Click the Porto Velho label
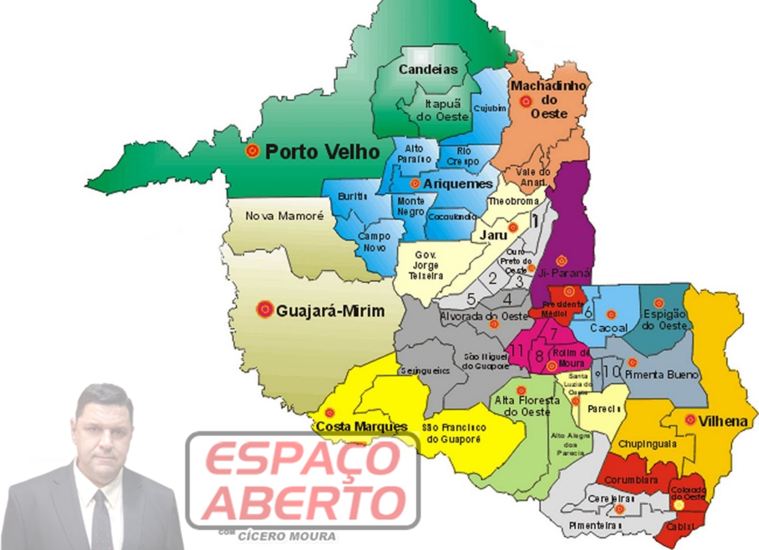tap(323, 152)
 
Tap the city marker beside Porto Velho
tap(253, 151)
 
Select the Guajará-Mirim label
tap(330, 311)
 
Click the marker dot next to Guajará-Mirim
tap(265, 310)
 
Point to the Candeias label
tap(428, 70)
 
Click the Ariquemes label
tap(458, 184)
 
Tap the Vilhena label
tap(722, 421)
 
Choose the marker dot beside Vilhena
tap(690, 420)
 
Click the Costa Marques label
tap(361, 427)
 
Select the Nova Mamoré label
tap(284, 216)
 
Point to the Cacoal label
tap(609, 328)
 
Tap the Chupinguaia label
tap(648, 445)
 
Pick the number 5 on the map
tap(471, 299)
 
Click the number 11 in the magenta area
tap(517, 351)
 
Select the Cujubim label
tap(490, 108)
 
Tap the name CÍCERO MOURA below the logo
tap(287, 537)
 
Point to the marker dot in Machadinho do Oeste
tap(525, 101)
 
